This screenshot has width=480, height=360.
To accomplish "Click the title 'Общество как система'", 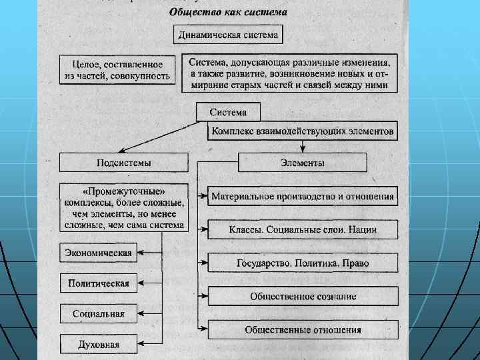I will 227,11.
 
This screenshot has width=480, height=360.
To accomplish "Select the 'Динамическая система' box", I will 229,34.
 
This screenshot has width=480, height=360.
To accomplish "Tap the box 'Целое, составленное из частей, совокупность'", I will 117,70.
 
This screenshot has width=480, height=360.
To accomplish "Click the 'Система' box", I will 228,112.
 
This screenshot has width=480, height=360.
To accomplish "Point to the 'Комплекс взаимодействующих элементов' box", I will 303,131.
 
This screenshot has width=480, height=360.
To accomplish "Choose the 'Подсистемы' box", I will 123,163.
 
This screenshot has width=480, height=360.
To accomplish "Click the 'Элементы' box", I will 302,163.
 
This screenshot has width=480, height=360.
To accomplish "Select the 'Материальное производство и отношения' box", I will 303,197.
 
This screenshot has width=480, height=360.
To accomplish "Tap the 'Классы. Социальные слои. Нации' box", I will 303,229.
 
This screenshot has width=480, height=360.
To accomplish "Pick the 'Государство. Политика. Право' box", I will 303,263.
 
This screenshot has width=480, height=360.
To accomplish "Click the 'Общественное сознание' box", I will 303,296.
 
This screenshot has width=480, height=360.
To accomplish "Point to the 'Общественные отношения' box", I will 303,329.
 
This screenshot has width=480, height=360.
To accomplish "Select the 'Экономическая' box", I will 98,253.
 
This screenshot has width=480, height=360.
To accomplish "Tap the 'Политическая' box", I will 98,283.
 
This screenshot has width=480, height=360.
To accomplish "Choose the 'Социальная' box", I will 98,314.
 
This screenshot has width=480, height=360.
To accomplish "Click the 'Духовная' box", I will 98,344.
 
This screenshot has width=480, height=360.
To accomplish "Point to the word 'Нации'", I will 362,229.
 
